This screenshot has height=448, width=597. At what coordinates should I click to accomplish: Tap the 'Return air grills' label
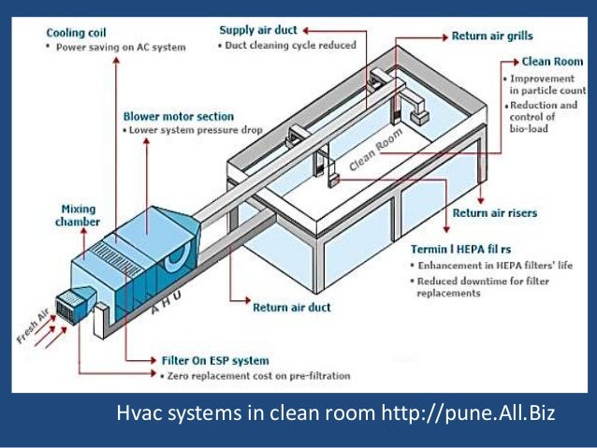(492, 36)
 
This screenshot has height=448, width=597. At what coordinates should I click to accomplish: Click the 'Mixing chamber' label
(79, 214)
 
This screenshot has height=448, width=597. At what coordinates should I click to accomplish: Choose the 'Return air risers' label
(495, 213)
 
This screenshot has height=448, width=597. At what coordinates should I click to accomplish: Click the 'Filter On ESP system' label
(215, 360)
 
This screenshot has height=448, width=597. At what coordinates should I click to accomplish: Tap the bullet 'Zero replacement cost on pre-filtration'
(257, 375)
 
